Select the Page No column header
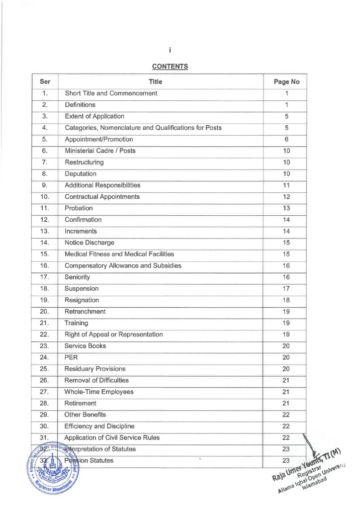coord(287,82)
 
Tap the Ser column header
coord(45,82)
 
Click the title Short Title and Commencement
coord(111,93)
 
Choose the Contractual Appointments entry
coord(102,197)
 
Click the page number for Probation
coord(287,208)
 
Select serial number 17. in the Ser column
coord(45,277)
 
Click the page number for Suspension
coord(287,288)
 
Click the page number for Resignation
coord(287,300)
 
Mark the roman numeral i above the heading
coord(170,50)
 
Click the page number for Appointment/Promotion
coord(287,140)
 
